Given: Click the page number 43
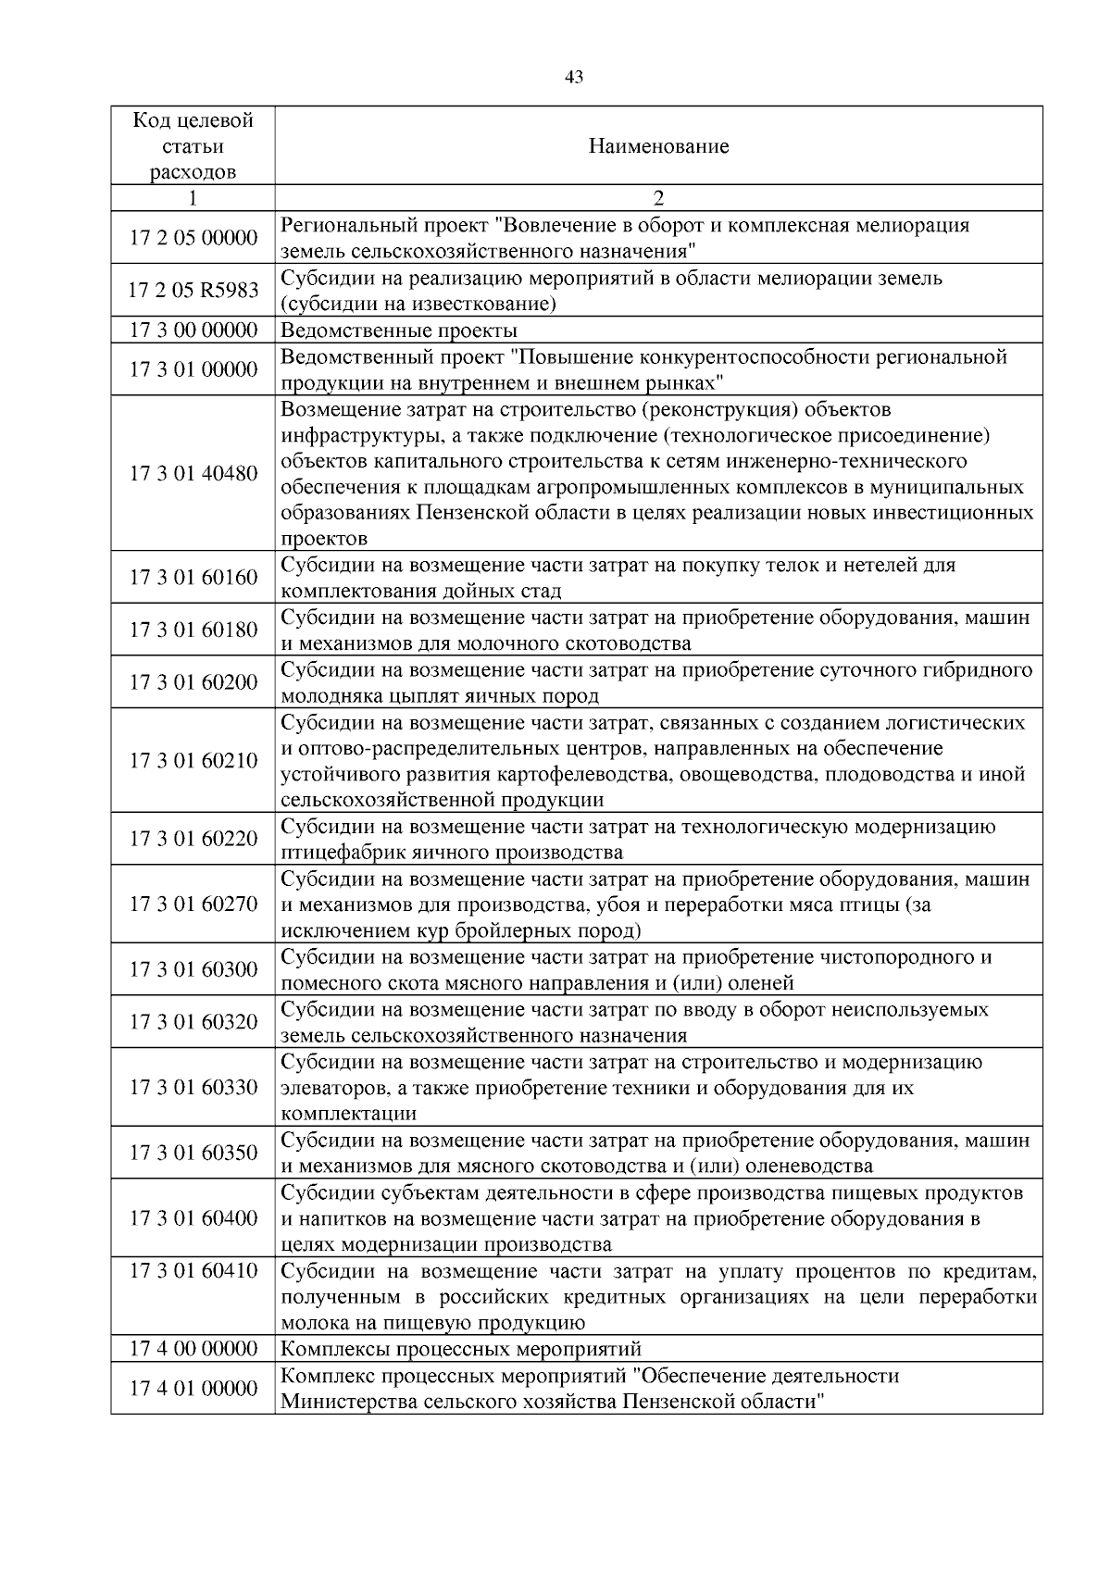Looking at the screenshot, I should click(x=573, y=78).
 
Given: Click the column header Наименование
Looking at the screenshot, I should click(x=658, y=146).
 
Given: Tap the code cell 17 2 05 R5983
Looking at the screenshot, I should click(x=193, y=291).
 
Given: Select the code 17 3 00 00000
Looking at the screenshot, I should click(x=193, y=331).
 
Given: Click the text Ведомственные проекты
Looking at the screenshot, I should click(x=399, y=331).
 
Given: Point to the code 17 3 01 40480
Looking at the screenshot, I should click(x=193, y=473).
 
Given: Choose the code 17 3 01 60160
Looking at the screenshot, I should click(x=193, y=578).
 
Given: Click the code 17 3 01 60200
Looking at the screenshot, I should click(x=193, y=682).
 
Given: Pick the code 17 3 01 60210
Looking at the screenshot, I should click(x=193, y=761).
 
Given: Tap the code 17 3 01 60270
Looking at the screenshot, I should click(x=193, y=905).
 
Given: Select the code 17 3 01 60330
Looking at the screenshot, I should click(x=193, y=1087).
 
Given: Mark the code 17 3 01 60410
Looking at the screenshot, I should click(x=193, y=1271).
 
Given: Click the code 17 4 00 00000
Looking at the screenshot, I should click(x=193, y=1349).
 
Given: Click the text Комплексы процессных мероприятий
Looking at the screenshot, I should click(x=461, y=1349).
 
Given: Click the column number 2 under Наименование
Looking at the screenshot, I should click(x=658, y=198).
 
